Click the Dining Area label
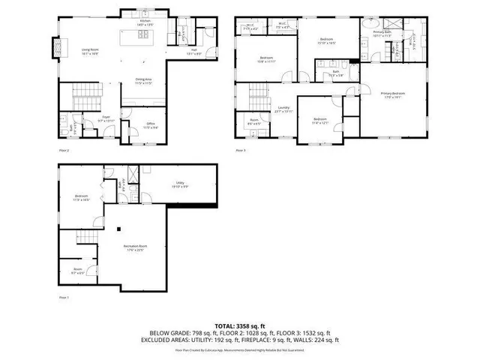[x=143, y=81]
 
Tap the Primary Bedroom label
[x=391, y=94]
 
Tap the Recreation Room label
[x=134, y=247]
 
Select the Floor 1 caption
[x=64, y=297]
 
